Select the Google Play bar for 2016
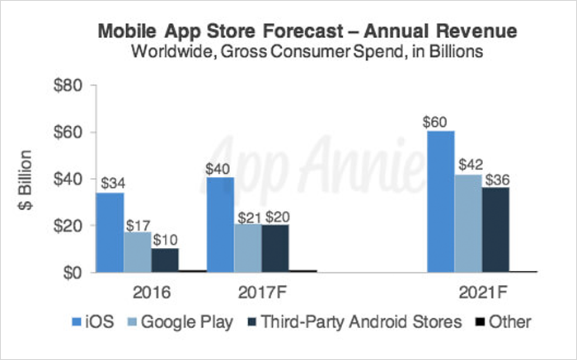coord(137,251)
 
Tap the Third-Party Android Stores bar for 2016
coord(164,259)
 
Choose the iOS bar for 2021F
coord(440,201)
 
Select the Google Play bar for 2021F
coord(468,222)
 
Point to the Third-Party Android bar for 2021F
coord(497,229)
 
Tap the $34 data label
coord(110,183)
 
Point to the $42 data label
coord(468,164)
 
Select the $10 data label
coord(165,239)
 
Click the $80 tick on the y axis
coord(69,86)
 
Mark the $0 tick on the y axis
coord(73,272)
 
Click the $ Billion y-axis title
coord(25,179)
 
